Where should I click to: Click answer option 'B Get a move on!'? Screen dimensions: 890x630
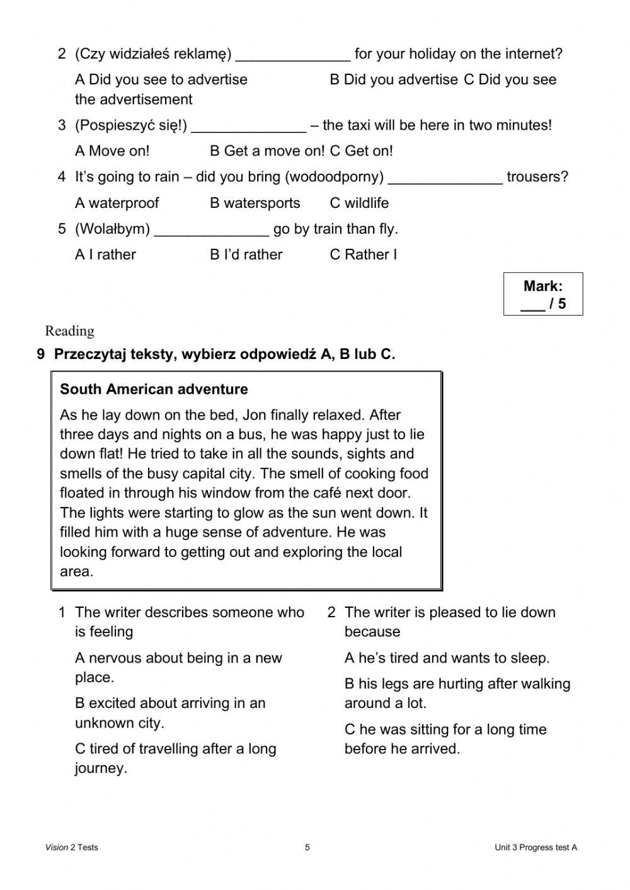(267, 151)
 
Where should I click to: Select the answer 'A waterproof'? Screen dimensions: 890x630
(117, 203)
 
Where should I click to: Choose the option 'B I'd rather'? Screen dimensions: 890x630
(246, 254)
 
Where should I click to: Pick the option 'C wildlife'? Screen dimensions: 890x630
(359, 203)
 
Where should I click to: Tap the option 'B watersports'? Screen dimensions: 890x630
(255, 203)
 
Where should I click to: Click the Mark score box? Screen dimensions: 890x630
(543, 294)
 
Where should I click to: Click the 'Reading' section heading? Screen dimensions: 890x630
(69, 331)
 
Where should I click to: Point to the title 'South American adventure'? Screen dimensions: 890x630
(154, 389)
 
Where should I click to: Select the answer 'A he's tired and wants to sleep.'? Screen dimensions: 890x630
(447, 658)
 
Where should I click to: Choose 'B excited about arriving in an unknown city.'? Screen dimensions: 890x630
(169, 712)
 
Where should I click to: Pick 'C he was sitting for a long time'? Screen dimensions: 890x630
(445, 739)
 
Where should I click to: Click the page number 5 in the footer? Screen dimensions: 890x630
(307, 847)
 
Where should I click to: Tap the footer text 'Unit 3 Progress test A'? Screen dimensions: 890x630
(535, 847)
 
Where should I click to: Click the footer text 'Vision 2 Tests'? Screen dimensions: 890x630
(72, 847)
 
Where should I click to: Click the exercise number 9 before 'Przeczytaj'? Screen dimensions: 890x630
(41, 355)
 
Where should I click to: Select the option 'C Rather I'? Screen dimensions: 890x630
(363, 254)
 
